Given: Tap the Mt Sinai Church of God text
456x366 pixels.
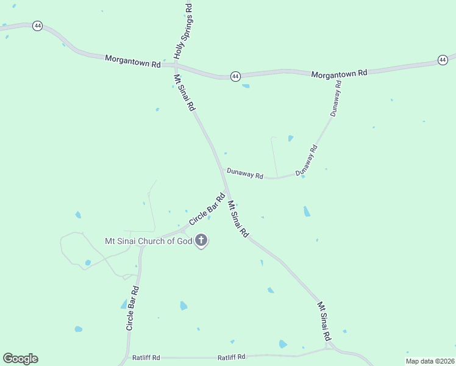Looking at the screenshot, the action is click(x=148, y=242).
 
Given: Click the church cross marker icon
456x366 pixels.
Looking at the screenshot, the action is click(x=201, y=241).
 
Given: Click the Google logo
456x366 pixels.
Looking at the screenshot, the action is click(x=20, y=359).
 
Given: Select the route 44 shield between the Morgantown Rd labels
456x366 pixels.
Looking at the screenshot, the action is click(x=235, y=76).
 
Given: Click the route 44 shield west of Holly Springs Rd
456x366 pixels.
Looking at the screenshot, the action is click(x=38, y=26).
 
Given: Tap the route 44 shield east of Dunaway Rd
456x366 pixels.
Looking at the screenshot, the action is click(x=443, y=60).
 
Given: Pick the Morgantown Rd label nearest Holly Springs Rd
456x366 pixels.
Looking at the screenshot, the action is click(x=132, y=61).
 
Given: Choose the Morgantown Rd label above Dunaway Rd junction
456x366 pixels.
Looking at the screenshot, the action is click(x=339, y=74).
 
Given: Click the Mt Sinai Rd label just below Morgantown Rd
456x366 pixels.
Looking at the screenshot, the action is click(x=185, y=93).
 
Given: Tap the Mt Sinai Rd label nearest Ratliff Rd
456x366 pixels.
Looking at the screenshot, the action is click(x=325, y=321).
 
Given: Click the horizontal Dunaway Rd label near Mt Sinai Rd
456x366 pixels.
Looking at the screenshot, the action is click(x=244, y=173).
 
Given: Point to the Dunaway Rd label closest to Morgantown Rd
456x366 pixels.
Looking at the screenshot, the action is click(x=336, y=98).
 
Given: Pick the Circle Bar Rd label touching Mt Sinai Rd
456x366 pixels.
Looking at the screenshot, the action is click(x=207, y=209).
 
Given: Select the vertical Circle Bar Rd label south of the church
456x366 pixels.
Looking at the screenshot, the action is click(x=133, y=308).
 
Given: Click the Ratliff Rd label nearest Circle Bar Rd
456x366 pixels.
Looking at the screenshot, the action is click(x=146, y=357).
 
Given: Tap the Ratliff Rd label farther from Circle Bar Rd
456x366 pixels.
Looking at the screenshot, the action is click(x=232, y=357).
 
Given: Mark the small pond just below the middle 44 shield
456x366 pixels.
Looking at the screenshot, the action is click(x=246, y=86).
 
